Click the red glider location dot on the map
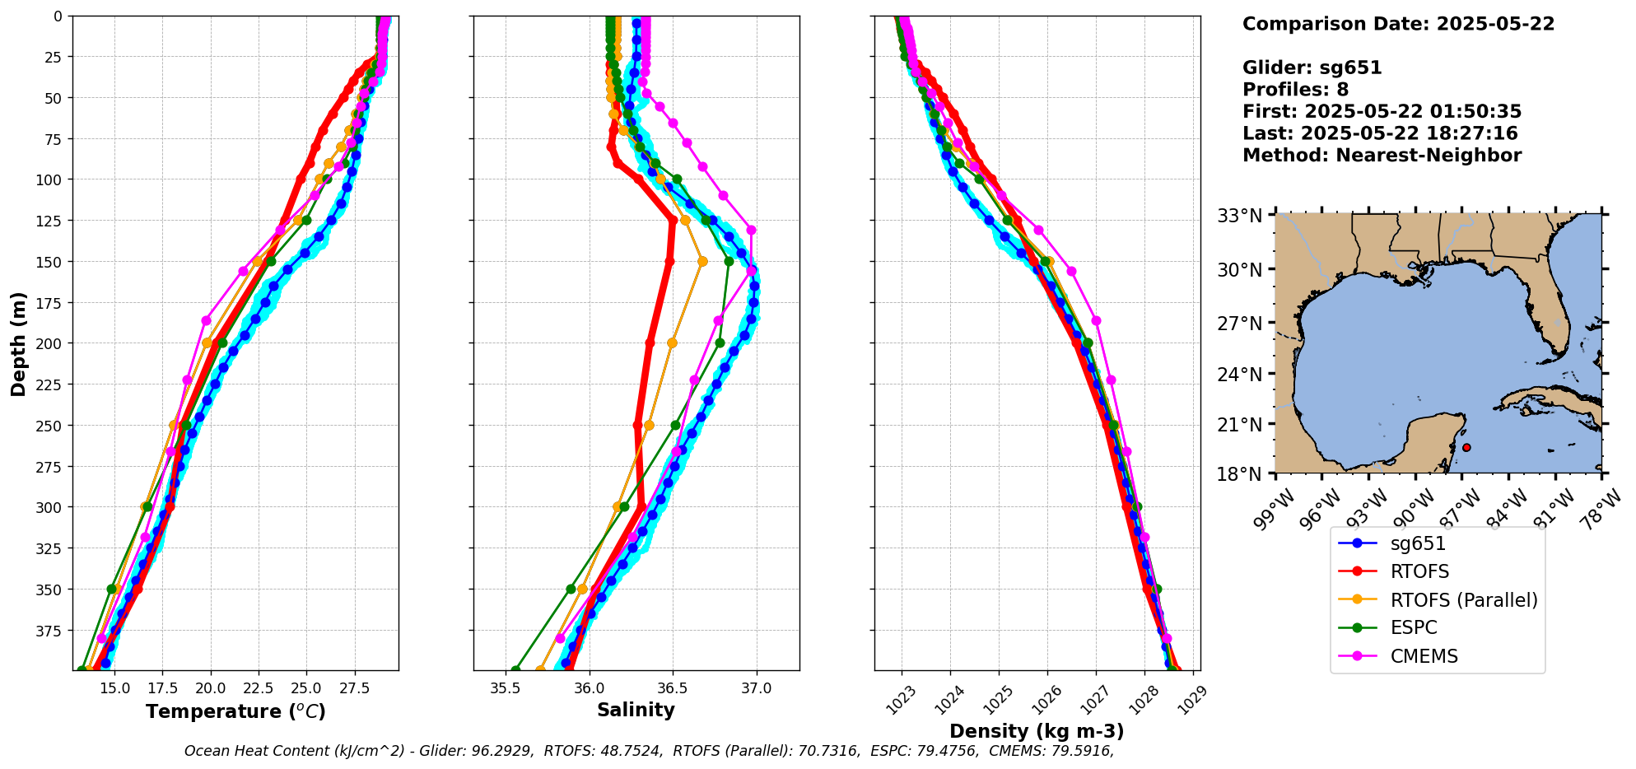tap(1466, 448)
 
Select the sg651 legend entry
tap(1418, 543)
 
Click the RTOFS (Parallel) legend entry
tap(1463, 600)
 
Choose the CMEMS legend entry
tap(1424, 656)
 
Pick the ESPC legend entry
tap(1413, 628)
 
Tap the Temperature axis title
tap(235, 711)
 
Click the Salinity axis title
tap(636, 711)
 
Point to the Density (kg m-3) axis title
tap(1037, 731)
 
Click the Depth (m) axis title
tap(18, 343)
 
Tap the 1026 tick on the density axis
tap(1045, 697)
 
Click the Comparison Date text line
tap(1398, 24)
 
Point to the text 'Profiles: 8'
tap(1295, 90)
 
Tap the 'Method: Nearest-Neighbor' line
tap(1382, 156)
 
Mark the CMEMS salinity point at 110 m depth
tap(723, 196)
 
